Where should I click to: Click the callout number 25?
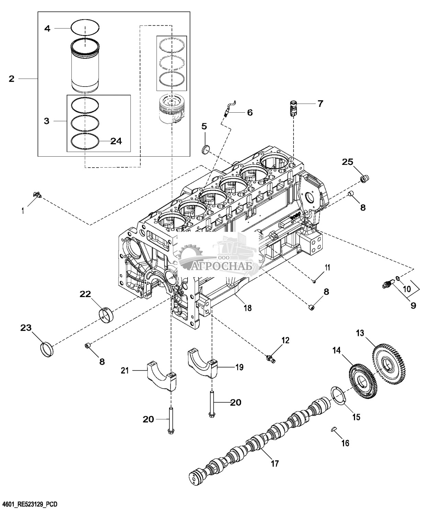pos(347,162)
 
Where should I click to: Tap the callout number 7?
pos(320,103)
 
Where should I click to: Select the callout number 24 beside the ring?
pos(116,141)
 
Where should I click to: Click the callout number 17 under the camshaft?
pos(274,463)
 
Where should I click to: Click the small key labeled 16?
pos(333,428)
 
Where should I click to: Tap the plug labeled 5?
pos(206,150)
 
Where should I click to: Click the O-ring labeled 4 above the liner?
pos(85,27)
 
